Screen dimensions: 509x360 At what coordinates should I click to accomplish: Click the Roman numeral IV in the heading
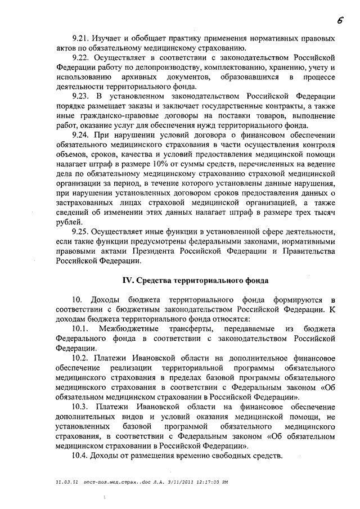coord(128,280)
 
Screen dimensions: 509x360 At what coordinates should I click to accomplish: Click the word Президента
coord(158,251)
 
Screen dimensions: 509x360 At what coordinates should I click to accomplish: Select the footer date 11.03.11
coord(67,482)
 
